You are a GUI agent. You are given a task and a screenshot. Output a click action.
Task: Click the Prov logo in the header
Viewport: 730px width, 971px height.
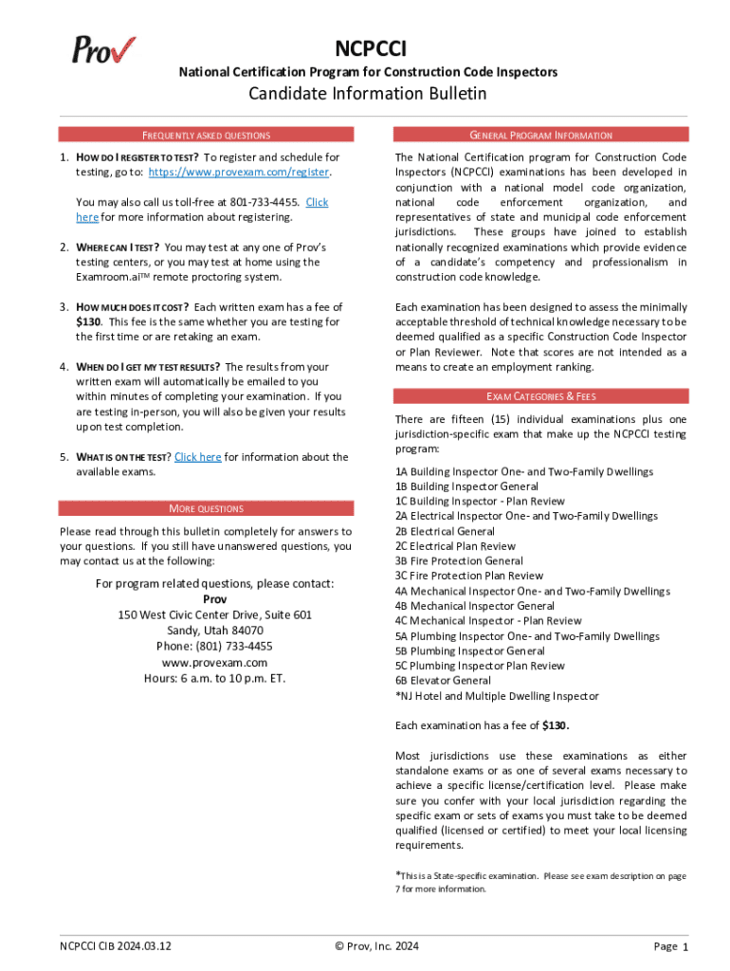[103, 48]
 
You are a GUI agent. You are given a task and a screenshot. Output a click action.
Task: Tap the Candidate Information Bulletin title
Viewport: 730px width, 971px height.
[367, 93]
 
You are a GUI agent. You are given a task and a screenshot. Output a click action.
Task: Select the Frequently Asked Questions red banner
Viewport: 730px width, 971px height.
[206, 136]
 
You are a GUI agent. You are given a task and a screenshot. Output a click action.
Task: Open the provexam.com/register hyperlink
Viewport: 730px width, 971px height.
[239, 172]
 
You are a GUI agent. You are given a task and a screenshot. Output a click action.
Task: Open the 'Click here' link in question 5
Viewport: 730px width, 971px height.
[197, 457]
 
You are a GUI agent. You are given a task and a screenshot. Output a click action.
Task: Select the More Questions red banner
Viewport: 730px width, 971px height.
[206, 508]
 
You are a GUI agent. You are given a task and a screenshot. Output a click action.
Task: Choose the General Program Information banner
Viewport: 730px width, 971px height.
[540, 136]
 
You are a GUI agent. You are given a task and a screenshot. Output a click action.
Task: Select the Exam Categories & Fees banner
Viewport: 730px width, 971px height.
[540, 396]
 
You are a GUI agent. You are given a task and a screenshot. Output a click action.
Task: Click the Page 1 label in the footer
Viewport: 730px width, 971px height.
[670, 946]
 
